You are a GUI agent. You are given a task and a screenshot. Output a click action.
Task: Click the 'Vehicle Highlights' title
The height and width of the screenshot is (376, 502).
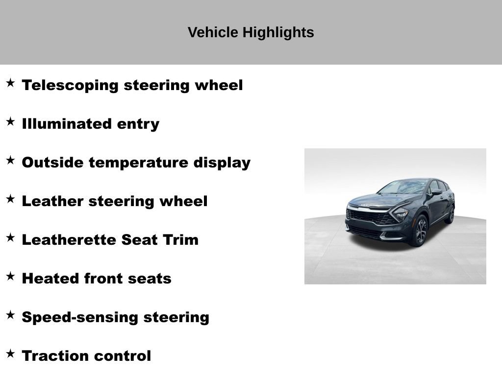(x=251, y=33)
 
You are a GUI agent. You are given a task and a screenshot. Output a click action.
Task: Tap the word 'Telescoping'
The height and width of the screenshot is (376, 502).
(x=70, y=85)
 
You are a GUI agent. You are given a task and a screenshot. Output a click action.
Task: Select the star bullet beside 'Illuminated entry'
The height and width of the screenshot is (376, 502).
(x=10, y=122)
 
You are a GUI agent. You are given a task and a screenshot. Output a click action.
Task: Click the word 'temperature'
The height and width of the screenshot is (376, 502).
(x=139, y=163)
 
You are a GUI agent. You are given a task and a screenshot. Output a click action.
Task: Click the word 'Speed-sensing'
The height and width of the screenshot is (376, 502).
(x=80, y=317)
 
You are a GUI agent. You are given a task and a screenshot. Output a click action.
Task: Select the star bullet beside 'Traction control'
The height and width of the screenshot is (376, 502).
(x=10, y=353)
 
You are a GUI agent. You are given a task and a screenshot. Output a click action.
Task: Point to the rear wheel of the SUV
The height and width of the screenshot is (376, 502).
(x=450, y=214)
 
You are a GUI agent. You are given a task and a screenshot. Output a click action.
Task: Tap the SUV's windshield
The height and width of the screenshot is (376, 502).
(x=403, y=187)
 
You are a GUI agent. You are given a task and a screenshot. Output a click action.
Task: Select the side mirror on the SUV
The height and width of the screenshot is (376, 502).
(x=436, y=192)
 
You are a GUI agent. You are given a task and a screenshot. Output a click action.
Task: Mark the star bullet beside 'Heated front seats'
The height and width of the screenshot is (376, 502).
(x=10, y=276)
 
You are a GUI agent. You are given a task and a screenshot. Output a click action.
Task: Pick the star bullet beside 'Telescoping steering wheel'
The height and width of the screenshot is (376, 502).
(x=10, y=83)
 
